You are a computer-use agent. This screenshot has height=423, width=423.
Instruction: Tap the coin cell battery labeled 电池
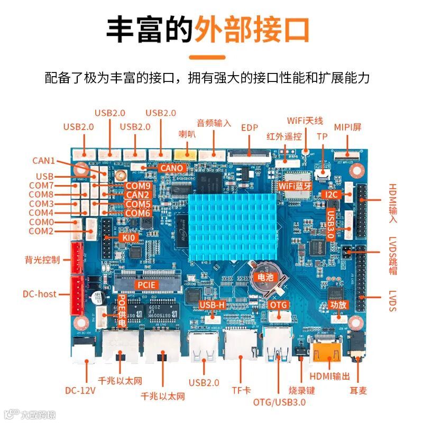tap(263, 276)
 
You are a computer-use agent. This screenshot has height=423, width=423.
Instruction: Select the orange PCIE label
tap(146, 284)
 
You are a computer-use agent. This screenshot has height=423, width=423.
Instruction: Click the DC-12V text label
tap(80, 391)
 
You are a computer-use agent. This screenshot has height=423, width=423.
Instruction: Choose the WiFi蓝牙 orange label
tap(295, 186)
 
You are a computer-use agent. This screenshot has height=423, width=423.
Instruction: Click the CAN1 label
tap(43, 160)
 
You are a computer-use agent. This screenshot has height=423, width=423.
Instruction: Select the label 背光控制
tap(42, 260)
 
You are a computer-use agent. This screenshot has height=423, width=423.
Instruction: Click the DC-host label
tap(40, 293)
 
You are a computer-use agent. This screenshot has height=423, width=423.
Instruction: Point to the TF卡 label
tap(241, 390)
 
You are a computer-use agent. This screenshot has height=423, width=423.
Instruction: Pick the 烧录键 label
tap(302, 390)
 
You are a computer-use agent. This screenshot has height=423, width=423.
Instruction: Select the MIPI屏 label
tap(347, 127)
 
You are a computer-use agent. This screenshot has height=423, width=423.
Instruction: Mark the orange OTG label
tap(278, 305)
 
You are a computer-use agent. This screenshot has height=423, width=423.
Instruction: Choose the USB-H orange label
tap(213, 305)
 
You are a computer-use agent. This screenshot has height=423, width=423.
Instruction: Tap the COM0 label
tap(41, 222)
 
